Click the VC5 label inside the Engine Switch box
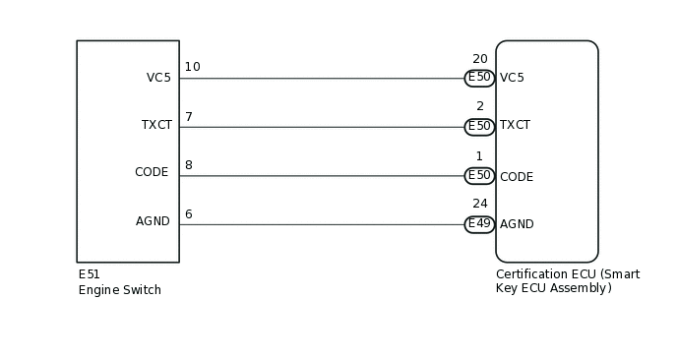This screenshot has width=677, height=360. (x=157, y=78)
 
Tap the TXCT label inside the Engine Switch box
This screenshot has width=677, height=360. (x=156, y=125)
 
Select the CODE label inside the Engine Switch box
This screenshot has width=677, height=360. (x=152, y=172)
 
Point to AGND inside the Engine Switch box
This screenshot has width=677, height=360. (x=153, y=221)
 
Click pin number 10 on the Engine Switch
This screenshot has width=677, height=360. (x=192, y=67)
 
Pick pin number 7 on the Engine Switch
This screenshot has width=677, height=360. (x=189, y=117)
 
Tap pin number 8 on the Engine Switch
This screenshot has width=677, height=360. (x=189, y=165)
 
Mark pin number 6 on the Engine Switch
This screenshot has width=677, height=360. (x=189, y=214)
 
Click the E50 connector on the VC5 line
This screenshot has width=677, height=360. (x=479, y=78)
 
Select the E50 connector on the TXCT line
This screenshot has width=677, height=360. (x=479, y=126)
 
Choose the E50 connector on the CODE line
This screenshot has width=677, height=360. (x=479, y=175)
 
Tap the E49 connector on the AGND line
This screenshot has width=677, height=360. (x=479, y=224)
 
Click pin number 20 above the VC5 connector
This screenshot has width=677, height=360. (x=480, y=59)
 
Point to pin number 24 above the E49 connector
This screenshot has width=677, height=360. (x=480, y=204)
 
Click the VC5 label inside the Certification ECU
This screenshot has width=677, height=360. (x=512, y=78)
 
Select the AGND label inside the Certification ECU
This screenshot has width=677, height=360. (x=517, y=224)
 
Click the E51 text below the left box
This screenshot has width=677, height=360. (x=90, y=274)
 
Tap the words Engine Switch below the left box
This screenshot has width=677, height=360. (x=119, y=290)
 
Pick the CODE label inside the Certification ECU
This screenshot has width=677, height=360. (x=516, y=177)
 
